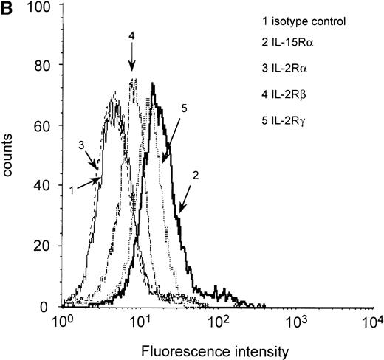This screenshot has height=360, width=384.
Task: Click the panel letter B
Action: click(x=8, y=10)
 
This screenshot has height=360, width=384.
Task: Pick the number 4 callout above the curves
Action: click(x=131, y=35)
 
